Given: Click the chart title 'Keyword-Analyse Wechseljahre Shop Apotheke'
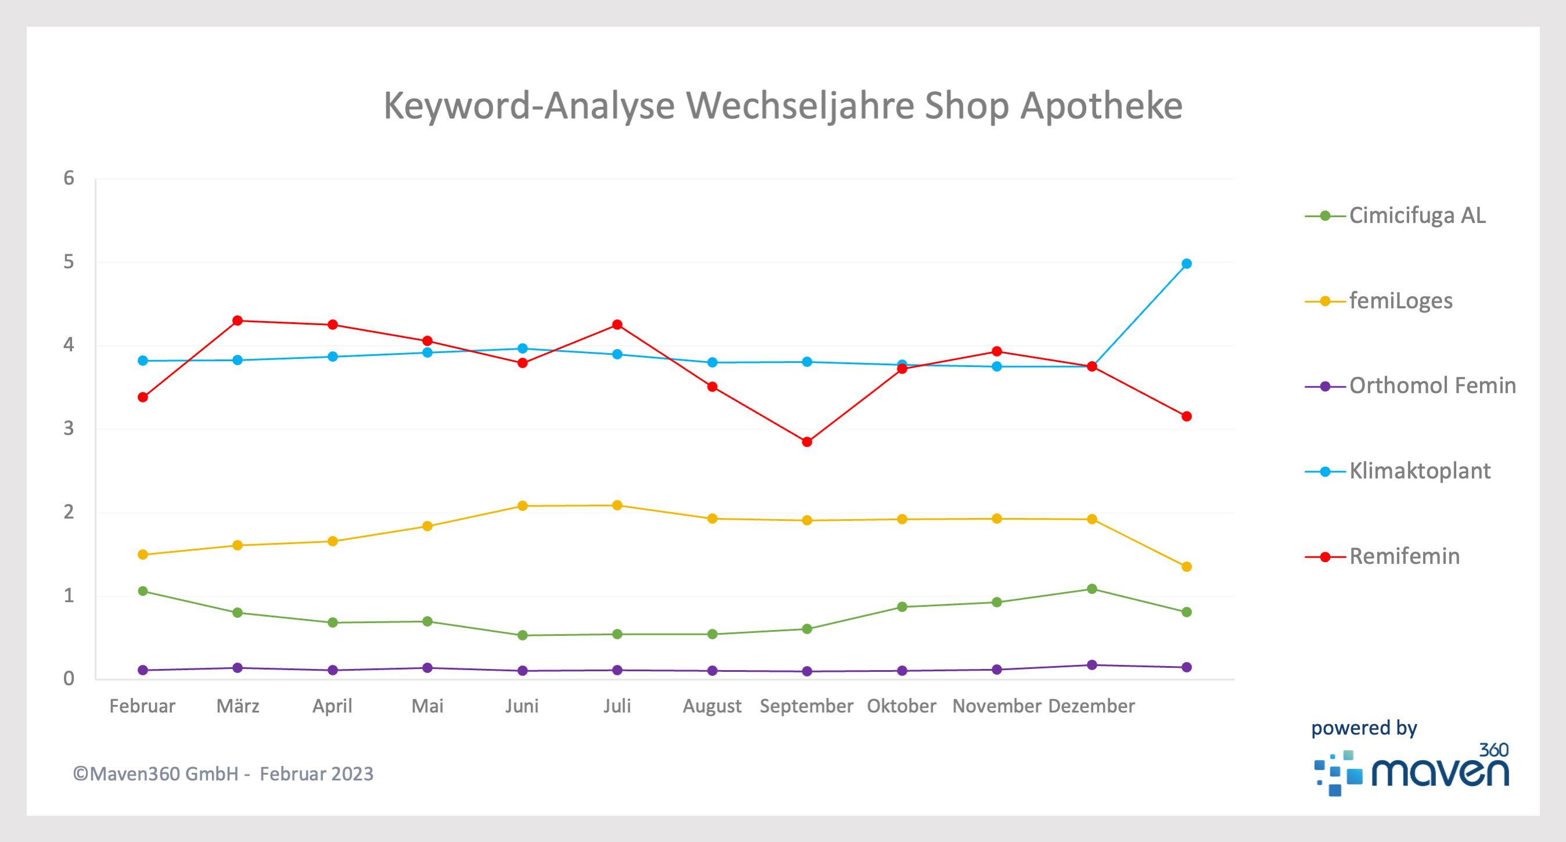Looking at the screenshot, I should pos(783,106).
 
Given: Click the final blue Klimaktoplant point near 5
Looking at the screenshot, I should pos(1186,264).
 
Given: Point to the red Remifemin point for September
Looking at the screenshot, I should pos(807,442).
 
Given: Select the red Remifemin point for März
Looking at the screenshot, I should pos(238,321).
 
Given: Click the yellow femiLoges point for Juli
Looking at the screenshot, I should pos(617,505).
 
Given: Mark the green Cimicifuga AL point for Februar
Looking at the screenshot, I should pos(143,591).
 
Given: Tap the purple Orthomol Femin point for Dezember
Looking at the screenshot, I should pos(1091,665).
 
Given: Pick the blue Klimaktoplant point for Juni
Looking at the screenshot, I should pos(522,348).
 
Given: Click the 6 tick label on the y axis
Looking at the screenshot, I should pos(69,178).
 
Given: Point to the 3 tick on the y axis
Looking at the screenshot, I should pos(69,429).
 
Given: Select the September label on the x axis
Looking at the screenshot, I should pos(806,706).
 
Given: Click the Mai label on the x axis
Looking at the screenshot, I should pos(428,706).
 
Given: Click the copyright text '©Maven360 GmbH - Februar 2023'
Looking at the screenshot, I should pos(223,774).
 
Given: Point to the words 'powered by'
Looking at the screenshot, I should pos(1363,728).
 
